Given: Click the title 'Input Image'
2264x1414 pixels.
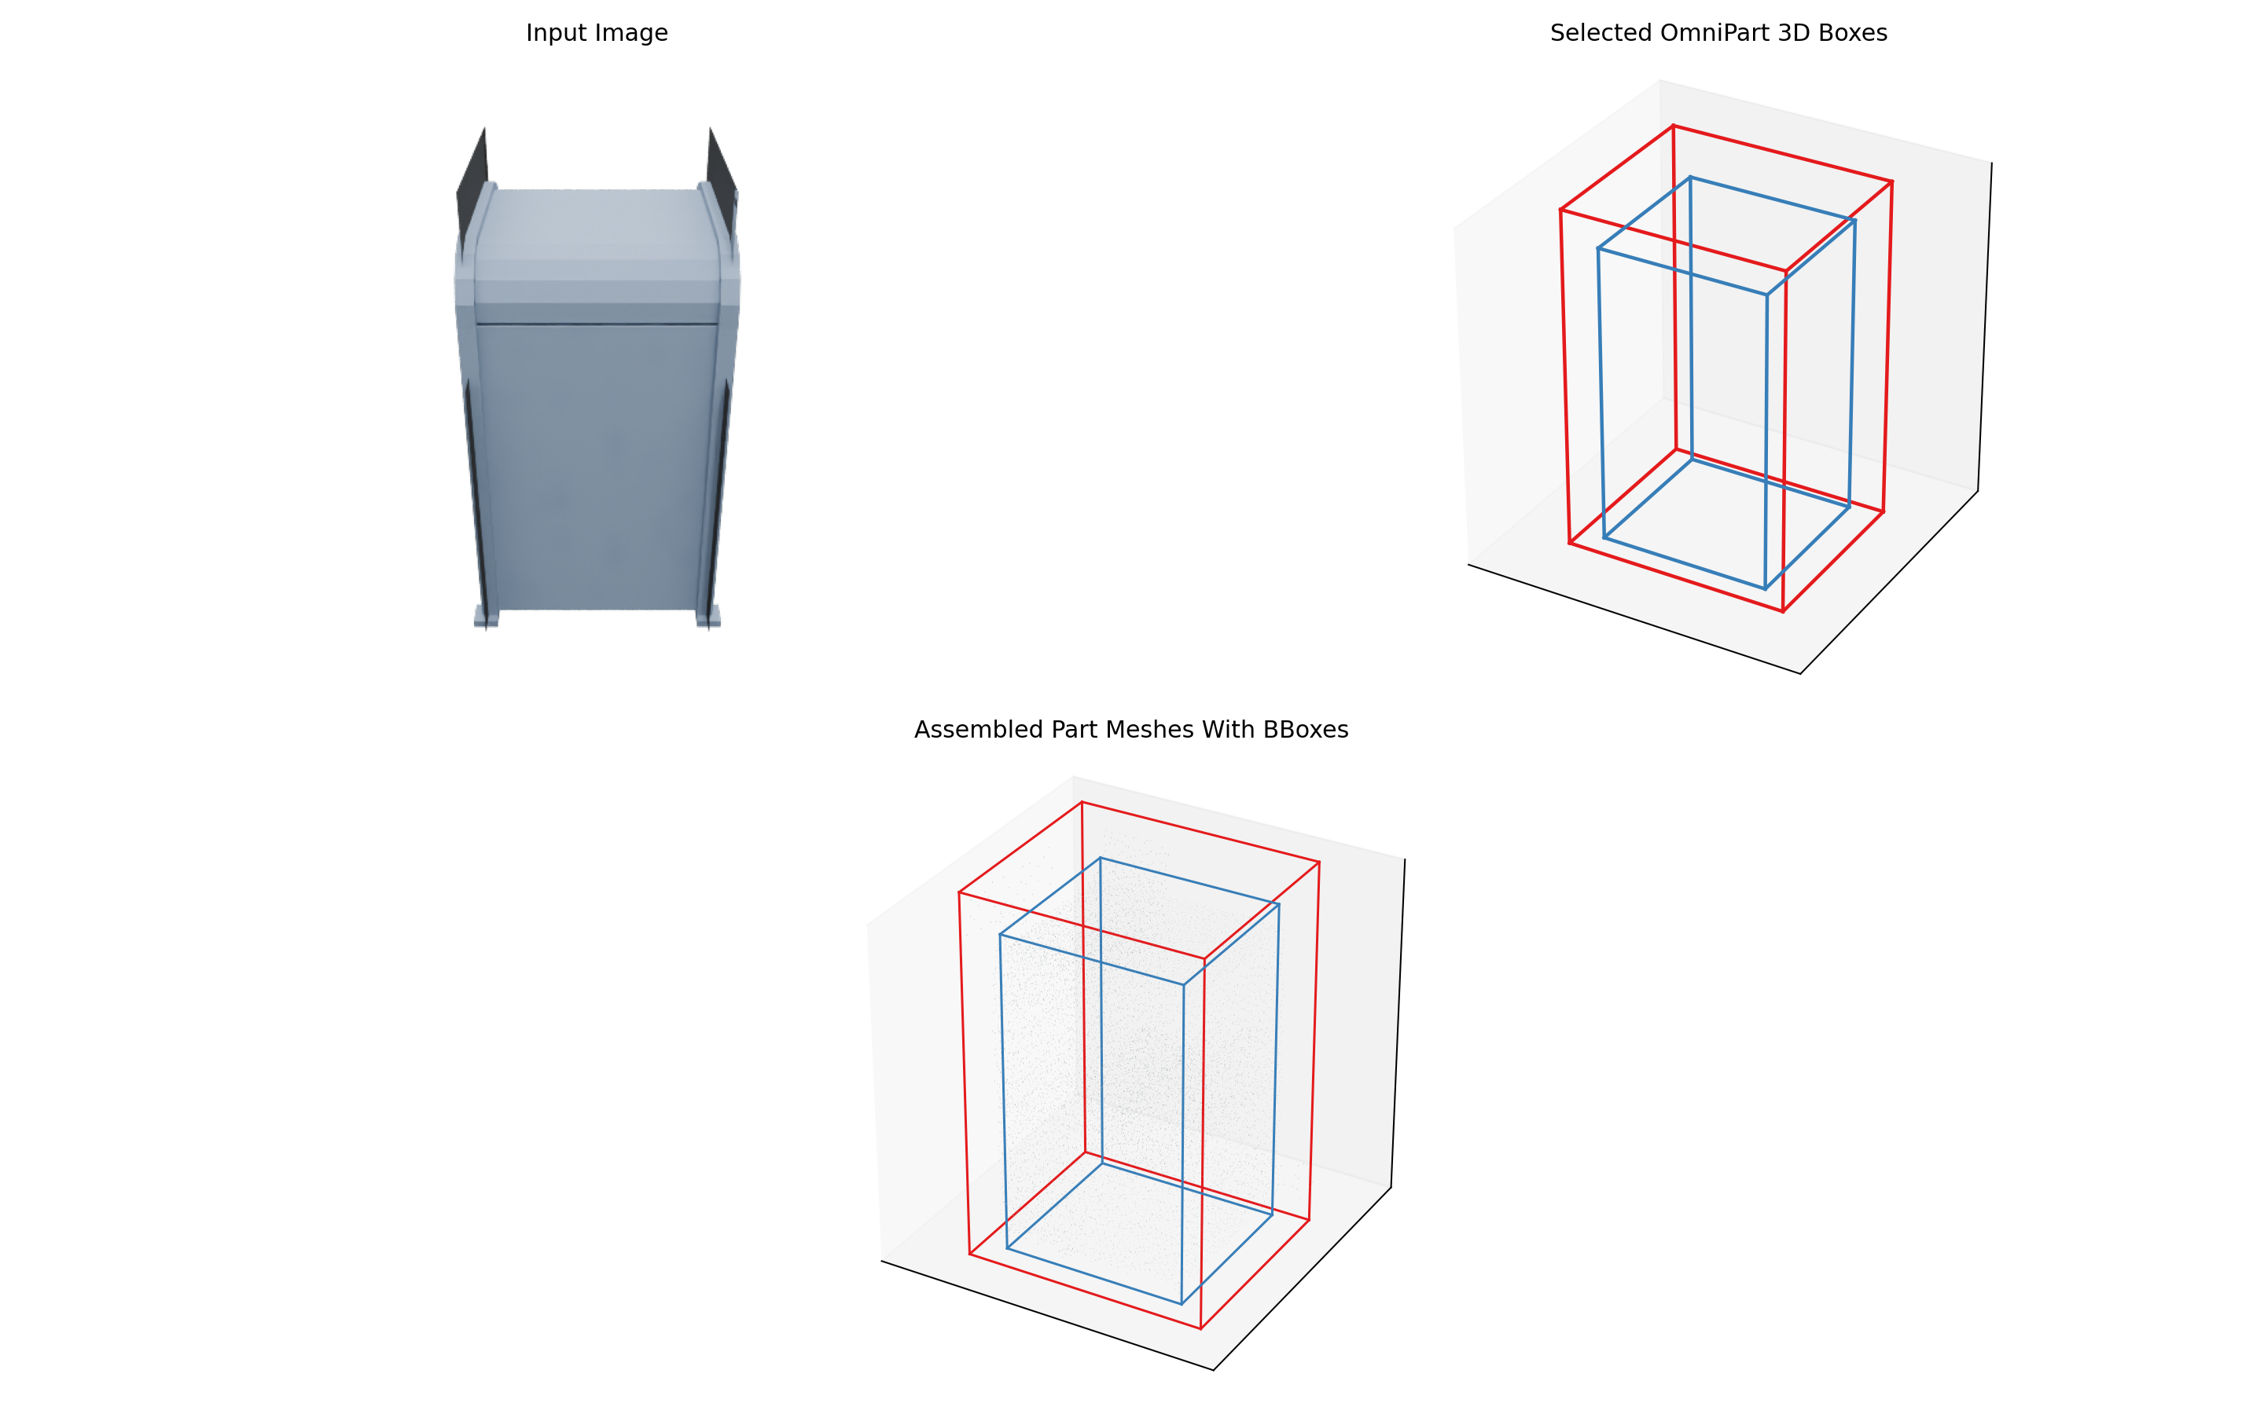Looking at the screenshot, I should coord(597,33).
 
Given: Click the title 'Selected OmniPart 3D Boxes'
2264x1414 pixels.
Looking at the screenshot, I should coord(1718,33).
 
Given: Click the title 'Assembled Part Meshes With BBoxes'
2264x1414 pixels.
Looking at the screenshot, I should coord(1130,730).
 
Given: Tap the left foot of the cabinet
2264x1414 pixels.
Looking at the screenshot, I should coord(486,617).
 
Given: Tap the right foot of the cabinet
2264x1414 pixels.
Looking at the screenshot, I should coord(708,617).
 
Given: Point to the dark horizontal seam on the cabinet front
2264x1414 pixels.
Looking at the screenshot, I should coord(597,324).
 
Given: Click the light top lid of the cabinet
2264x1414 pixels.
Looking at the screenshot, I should coord(597,234).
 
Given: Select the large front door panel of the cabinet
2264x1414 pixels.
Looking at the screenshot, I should coord(597,467).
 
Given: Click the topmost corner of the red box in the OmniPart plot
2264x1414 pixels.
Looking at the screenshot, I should coord(1673,126).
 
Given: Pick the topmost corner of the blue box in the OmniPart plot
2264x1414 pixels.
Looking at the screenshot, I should coord(1689,177).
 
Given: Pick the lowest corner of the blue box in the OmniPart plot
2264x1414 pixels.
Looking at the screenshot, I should coord(1764,589).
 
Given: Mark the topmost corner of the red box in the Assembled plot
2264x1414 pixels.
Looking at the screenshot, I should coord(1082,801).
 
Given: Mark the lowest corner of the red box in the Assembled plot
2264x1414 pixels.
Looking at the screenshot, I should coord(1200,1328).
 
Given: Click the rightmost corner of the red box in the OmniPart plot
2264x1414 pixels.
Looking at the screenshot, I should coord(1891,181).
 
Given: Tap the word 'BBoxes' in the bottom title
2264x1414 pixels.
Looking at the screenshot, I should coord(1305,730).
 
